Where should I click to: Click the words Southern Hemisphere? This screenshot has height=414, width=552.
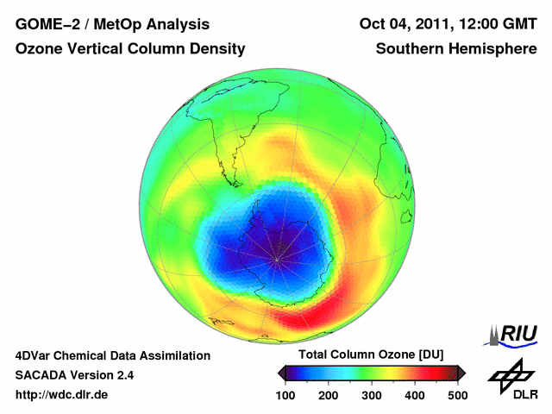pyautogui.click(x=456, y=49)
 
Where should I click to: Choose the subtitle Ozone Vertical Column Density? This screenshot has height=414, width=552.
pyautogui.click(x=130, y=49)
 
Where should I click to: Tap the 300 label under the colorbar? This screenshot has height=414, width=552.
pyautogui.click(x=373, y=395)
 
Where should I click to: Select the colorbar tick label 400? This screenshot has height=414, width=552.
pyautogui.click(x=415, y=395)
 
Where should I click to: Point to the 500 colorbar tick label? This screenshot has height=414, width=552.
pyautogui.click(x=456, y=395)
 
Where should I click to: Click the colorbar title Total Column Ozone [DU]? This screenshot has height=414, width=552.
pyautogui.click(x=371, y=354)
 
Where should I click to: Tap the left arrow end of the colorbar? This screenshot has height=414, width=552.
pyautogui.click(x=282, y=373)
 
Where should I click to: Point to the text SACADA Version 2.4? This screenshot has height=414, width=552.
pyautogui.click(x=74, y=375)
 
